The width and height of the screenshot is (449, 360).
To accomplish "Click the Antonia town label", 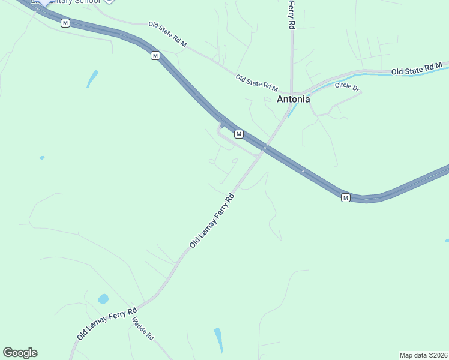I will point(293,100).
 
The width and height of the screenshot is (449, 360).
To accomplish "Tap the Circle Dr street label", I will point(347,86).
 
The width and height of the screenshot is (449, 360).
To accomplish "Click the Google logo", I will point(20,353).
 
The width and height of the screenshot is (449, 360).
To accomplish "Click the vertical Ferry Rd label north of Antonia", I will point(292,14).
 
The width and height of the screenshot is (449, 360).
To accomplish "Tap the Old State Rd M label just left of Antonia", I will point(257,83).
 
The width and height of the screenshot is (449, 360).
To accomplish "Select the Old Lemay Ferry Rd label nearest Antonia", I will point(211,220).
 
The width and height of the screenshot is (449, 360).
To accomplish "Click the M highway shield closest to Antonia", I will point(238,133).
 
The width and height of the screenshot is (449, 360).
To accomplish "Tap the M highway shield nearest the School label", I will point(65,23).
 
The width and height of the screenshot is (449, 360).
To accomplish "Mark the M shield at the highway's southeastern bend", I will point(345,197).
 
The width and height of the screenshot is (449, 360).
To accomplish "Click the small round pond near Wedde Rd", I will point(103,299).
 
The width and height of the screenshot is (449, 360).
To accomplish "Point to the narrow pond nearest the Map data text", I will point(218,340).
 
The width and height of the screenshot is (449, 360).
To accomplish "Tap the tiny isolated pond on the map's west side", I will point(41,158).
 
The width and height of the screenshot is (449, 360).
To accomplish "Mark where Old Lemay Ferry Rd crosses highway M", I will point(264,148).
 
